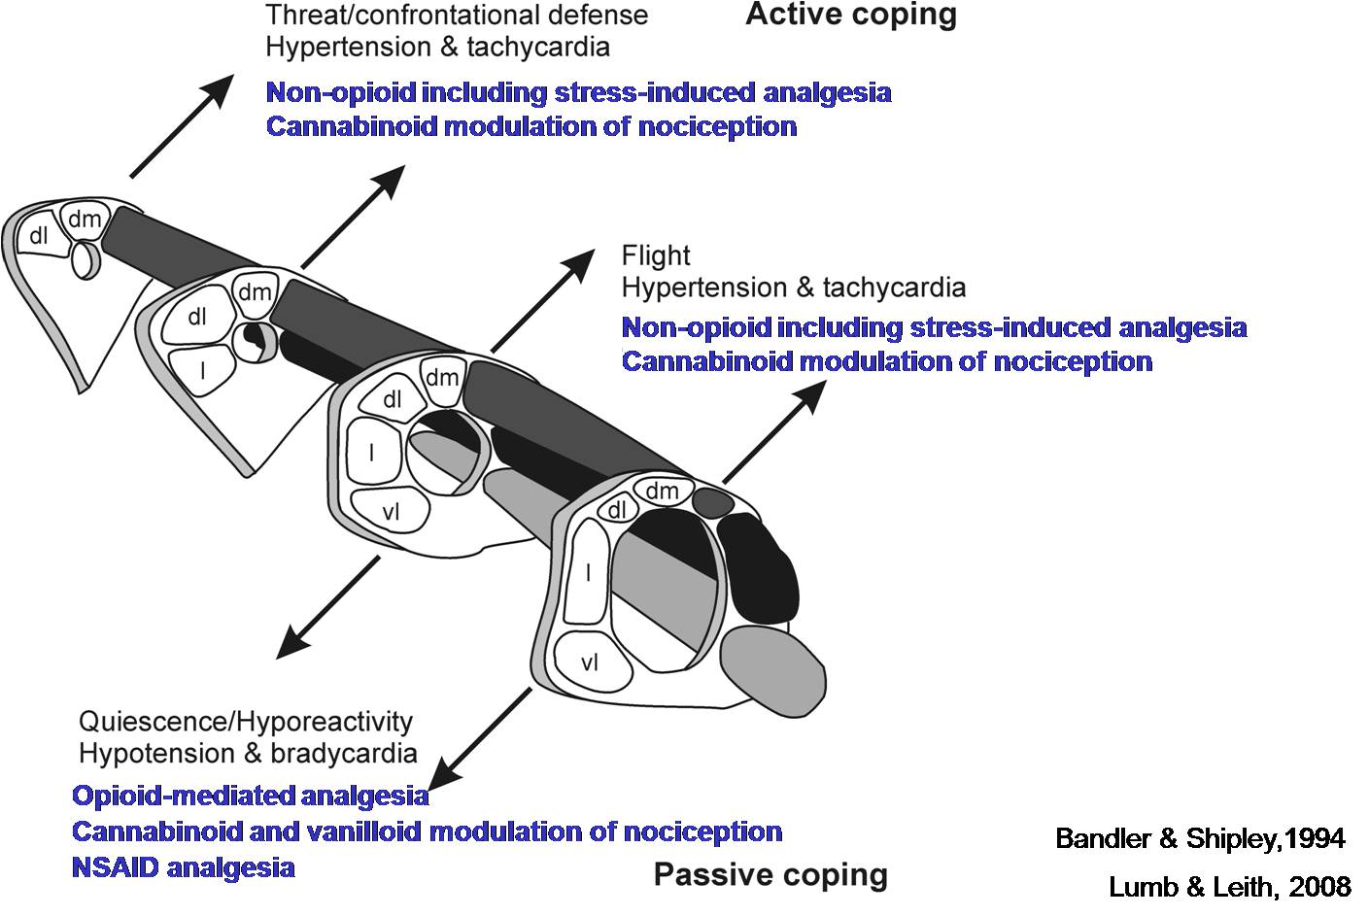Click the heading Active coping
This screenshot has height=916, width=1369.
coord(850,16)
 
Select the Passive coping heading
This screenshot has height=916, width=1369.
coord(770,875)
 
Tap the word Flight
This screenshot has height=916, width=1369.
coord(656,255)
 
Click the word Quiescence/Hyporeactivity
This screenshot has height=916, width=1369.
coord(246,722)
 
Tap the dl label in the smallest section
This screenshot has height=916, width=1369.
coord(39,235)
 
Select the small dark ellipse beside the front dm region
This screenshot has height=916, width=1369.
coord(714,501)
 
